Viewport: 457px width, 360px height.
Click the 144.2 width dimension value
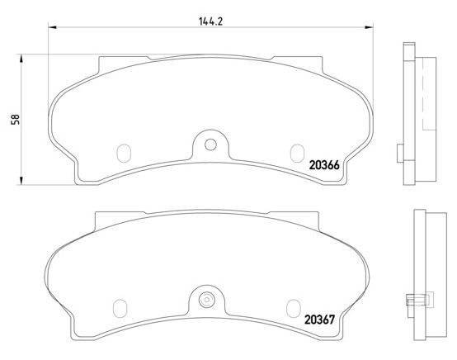click(210, 21)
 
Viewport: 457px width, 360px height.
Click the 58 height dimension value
click(15, 120)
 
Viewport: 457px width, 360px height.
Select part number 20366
click(324, 165)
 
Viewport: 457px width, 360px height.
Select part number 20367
click(320, 320)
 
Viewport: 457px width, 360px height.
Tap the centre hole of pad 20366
click(210, 144)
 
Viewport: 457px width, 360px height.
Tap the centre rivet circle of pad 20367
click(206, 300)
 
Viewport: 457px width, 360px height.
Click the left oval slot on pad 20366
click(124, 154)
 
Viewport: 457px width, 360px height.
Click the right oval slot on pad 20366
click(297, 154)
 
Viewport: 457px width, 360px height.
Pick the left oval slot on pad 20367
click(120, 308)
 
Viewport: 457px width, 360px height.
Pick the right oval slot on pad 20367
click(293, 308)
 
